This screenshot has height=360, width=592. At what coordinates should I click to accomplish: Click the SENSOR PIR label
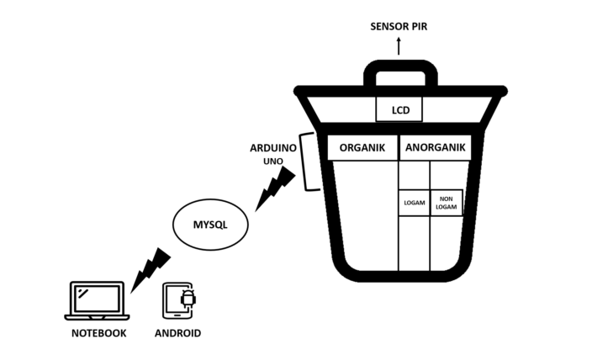399,27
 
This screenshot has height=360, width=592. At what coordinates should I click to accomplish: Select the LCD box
399,110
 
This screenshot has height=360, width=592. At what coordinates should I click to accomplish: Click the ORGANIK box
362,147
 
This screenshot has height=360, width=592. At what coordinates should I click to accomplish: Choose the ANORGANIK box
433,147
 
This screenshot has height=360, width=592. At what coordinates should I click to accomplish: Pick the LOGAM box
414,203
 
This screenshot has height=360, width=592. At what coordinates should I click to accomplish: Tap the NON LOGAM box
447,203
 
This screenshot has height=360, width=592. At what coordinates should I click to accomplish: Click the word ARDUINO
272,146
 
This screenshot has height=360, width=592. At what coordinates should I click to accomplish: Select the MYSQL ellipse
210,225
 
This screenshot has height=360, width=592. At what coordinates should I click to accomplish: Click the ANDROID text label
178,333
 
